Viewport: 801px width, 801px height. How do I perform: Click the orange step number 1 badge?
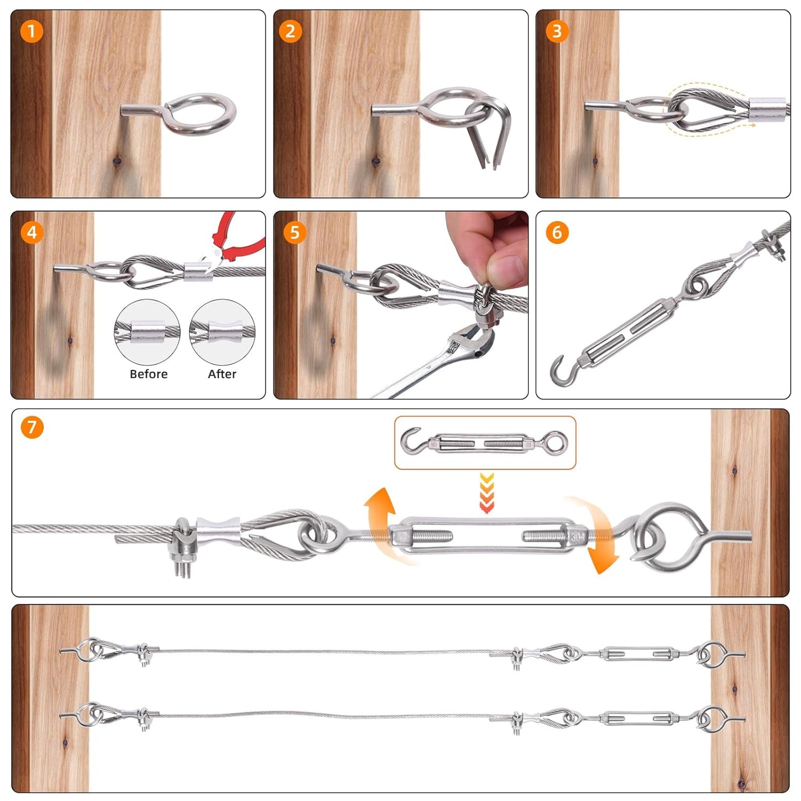tap(32, 31)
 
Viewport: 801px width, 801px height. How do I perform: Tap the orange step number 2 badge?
tap(290, 31)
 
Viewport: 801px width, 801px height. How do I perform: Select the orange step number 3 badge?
tap(557, 31)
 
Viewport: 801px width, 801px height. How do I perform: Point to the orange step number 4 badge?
tap(32, 232)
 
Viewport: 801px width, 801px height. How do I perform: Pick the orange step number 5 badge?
tap(294, 232)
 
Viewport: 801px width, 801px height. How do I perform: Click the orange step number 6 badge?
tap(557, 232)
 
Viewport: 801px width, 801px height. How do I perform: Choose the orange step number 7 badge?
tap(32, 427)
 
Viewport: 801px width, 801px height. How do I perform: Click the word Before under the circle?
tap(148, 374)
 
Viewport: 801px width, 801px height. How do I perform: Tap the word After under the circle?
tap(222, 374)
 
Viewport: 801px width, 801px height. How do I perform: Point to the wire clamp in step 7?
tap(183, 546)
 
